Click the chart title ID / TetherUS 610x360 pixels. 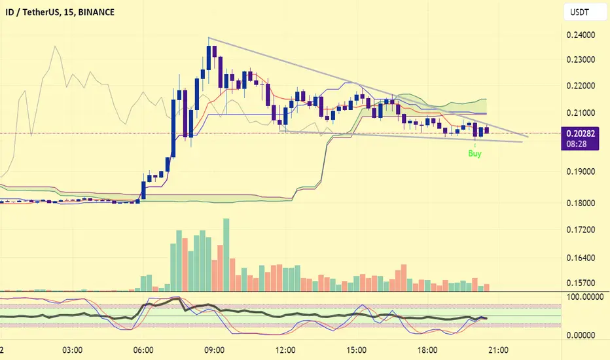(x=32, y=12)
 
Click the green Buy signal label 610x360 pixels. (x=475, y=153)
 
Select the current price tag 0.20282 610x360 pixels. (x=581, y=134)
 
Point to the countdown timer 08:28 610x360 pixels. (x=576, y=144)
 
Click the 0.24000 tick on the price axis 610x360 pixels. (x=581, y=35)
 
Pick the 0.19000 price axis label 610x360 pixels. (x=581, y=171)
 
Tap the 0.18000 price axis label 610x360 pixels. (x=581, y=203)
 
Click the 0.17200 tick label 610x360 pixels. (x=581, y=230)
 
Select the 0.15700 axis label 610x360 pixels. (x=581, y=283)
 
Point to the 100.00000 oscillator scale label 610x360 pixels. (x=585, y=297)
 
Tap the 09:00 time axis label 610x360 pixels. (x=215, y=350)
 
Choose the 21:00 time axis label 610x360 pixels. (x=498, y=350)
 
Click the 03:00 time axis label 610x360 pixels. (x=73, y=350)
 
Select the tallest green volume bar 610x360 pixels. (x=226, y=255)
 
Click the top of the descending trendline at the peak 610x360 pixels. (x=209, y=38)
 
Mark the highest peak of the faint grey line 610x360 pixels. (x=55, y=46)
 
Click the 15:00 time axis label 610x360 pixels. (x=356, y=350)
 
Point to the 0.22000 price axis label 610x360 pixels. (x=581, y=86)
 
